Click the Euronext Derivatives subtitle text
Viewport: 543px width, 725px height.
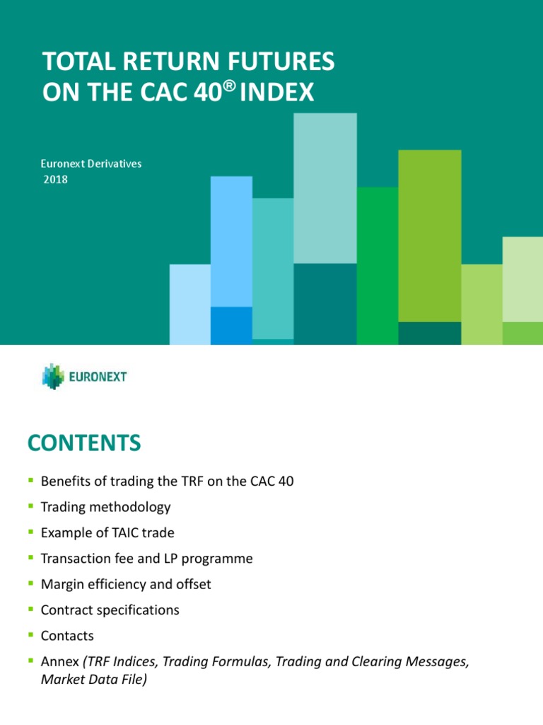[90, 164]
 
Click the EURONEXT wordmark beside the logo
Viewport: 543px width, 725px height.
[98, 377]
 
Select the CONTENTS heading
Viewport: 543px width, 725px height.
[84, 444]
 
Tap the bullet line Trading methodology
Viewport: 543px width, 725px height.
[105, 507]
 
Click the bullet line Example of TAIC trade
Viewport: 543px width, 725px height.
[107, 533]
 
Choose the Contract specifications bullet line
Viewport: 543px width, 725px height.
[110, 610]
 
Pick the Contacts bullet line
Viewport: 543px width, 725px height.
[67, 636]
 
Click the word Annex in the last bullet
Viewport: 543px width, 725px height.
[60, 661]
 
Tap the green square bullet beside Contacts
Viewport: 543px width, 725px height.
[30, 635]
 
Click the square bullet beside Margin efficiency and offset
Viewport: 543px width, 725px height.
[30, 583]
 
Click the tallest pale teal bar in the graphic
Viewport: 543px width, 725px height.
[325, 188]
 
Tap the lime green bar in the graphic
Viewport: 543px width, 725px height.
[430, 234]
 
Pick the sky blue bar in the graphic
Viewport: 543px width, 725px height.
[231, 241]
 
